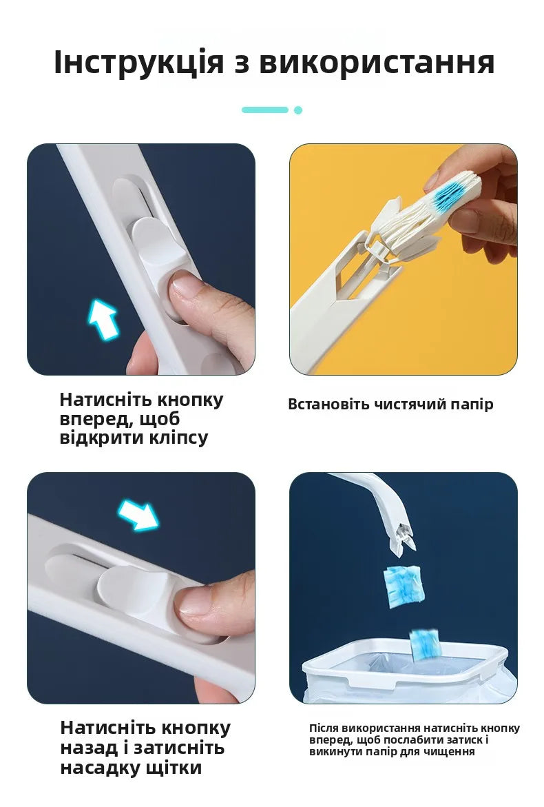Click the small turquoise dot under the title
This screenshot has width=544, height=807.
point(298,110)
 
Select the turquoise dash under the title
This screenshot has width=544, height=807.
point(265,110)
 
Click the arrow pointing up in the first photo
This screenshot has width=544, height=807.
point(103,319)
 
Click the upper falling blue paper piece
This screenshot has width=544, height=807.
point(403,586)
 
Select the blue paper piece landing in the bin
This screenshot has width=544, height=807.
point(425,642)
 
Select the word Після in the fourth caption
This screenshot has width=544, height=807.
point(323,728)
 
